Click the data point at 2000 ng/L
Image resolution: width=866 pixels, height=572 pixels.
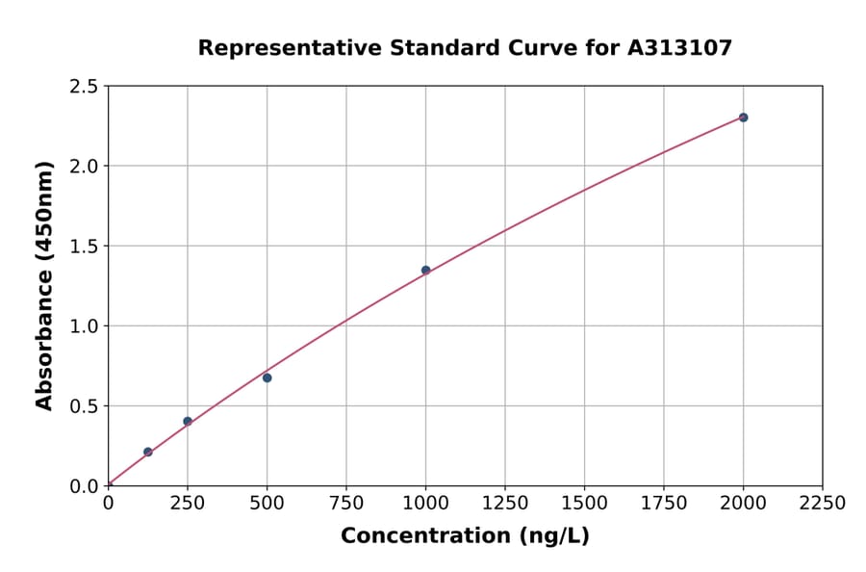[x=743, y=117]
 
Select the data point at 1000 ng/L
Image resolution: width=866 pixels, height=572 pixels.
[x=425, y=271]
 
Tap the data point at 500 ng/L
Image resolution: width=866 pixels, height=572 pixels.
[x=267, y=377]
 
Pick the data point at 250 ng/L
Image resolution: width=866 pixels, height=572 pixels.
[x=188, y=421]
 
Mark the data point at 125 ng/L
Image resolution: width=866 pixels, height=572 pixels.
[x=147, y=452]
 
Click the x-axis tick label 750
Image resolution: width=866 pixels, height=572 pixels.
[x=346, y=504]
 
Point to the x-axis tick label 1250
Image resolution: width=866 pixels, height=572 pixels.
[x=505, y=504]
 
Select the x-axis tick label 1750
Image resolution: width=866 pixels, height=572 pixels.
[x=664, y=504]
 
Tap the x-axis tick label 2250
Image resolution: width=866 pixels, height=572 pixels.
[x=823, y=504]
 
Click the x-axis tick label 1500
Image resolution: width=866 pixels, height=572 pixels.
[x=584, y=504]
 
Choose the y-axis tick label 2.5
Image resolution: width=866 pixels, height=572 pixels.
[x=85, y=87]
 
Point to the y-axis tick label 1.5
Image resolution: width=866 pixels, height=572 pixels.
[x=85, y=247]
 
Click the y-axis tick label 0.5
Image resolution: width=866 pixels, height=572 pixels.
[x=85, y=406]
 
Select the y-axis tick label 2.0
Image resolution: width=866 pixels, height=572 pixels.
[x=85, y=167]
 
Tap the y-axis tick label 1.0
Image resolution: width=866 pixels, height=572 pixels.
[x=85, y=326]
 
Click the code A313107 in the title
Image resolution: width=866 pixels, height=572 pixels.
[x=680, y=47]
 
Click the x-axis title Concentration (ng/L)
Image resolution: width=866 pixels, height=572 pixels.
[x=465, y=535]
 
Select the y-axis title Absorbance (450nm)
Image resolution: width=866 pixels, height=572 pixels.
[x=44, y=286]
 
